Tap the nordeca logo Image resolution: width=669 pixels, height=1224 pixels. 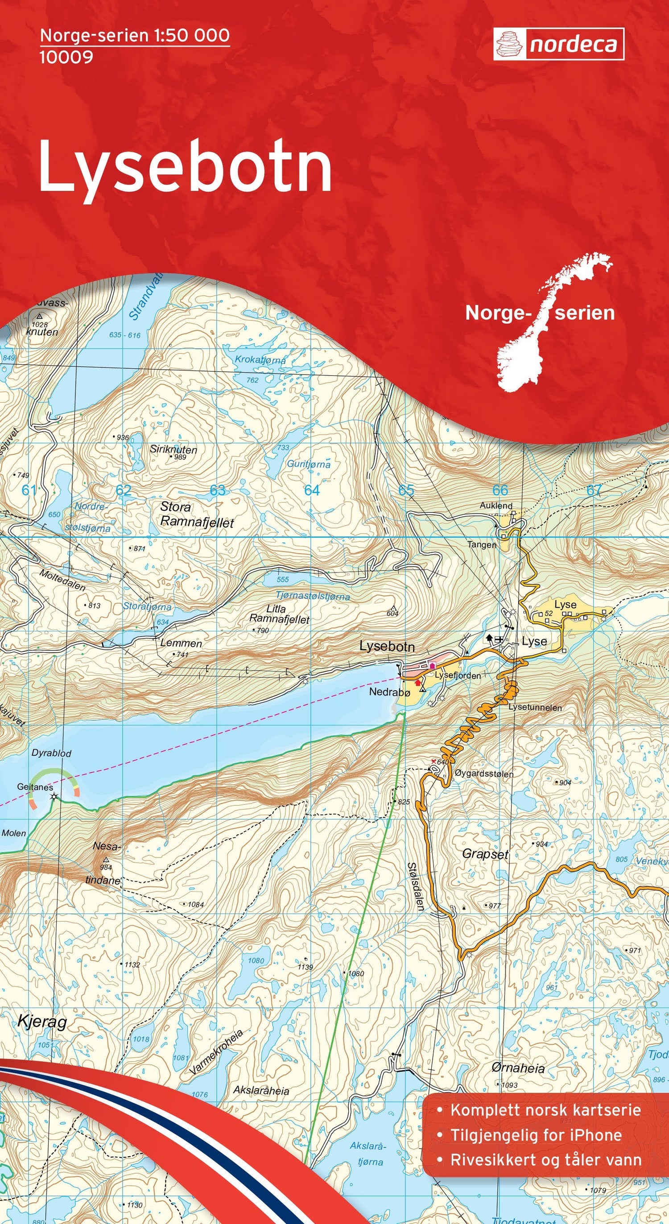pos(558,44)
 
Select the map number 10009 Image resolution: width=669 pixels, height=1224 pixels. pos(66,58)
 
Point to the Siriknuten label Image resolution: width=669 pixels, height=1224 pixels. pos(173,449)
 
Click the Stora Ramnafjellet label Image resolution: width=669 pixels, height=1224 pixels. pos(197,515)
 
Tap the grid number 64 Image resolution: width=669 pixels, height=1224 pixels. pos(312,490)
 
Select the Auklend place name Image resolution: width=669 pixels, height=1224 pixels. pos(496,506)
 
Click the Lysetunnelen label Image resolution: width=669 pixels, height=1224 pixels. pos(535,707)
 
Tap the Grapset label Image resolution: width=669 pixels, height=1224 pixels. pos(485,854)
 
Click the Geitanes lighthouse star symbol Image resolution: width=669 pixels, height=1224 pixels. pos(55,797)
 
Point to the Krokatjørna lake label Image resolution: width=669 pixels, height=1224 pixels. pos(260,360)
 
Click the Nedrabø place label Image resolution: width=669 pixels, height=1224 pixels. pos(390,692)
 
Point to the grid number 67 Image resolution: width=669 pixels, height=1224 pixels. pos(594,490)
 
